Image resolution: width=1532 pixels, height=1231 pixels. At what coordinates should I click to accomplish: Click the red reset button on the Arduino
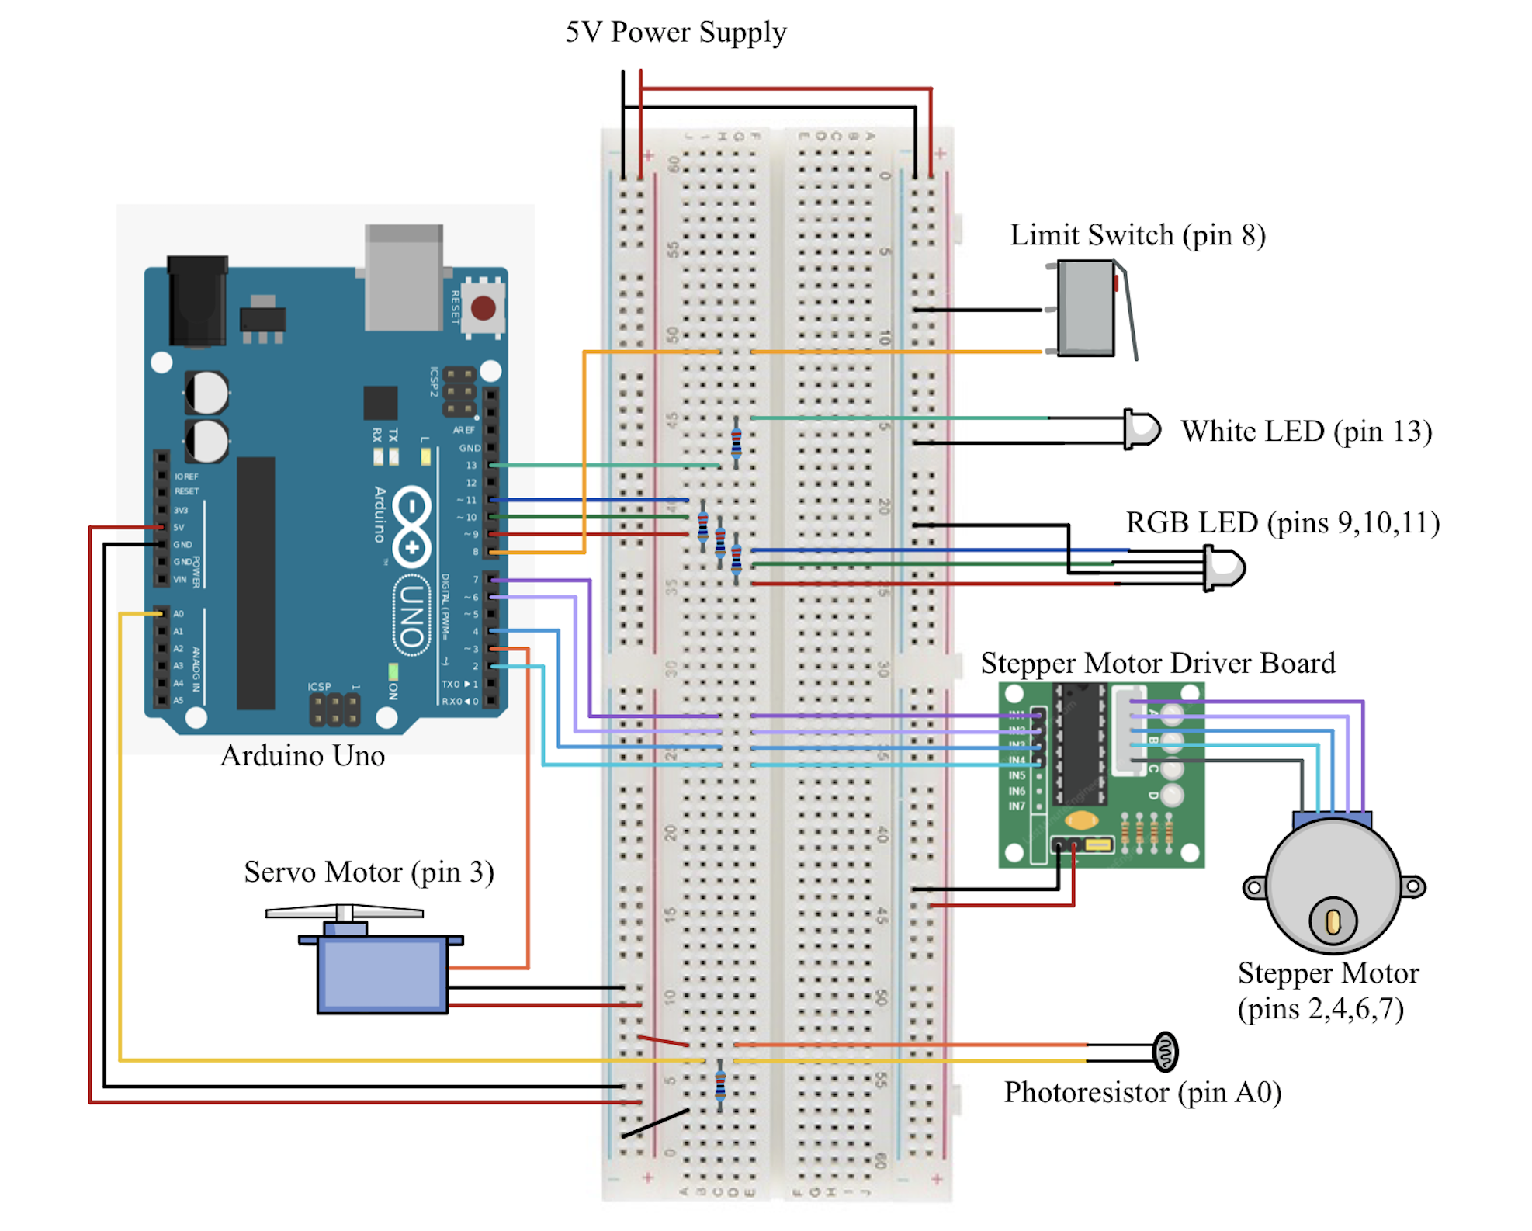click(x=483, y=308)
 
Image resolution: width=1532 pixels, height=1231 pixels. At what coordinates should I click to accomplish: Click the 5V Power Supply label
click(x=675, y=33)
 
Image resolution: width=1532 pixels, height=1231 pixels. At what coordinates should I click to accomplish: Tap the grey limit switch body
click(x=1086, y=308)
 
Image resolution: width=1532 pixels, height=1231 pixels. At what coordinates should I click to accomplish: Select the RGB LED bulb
click(x=1226, y=568)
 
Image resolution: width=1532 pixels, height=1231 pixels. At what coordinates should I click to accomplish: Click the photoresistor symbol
click(x=1165, y=1052)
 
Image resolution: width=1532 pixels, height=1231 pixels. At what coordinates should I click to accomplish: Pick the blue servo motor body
click(x=382, y=974)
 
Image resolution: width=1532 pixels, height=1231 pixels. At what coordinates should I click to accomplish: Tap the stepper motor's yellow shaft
click(x=1333, y=922)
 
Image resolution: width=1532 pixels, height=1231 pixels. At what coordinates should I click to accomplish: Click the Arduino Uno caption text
click(x=303, y=756)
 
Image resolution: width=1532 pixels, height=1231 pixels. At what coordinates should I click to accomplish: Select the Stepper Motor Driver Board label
click(x=1158, y=664)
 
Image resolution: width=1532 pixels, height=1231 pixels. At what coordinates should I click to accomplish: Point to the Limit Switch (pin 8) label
click(x=1137, y=235)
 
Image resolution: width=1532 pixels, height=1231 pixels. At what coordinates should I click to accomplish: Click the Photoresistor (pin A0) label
click(x=1142, y=1093)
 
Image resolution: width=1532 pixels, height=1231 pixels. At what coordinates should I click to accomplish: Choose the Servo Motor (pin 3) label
click(x=369, y=872)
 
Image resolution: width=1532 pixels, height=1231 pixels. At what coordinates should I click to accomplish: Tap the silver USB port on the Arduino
click(x=404, y=278)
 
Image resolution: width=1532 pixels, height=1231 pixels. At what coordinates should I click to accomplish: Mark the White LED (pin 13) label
click(x=1306, y=432)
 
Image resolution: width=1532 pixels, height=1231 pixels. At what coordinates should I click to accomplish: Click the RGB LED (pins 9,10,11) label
click(x=1282, y=523)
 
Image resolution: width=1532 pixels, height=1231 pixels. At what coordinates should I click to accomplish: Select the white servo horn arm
click(x=345, y=913)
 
